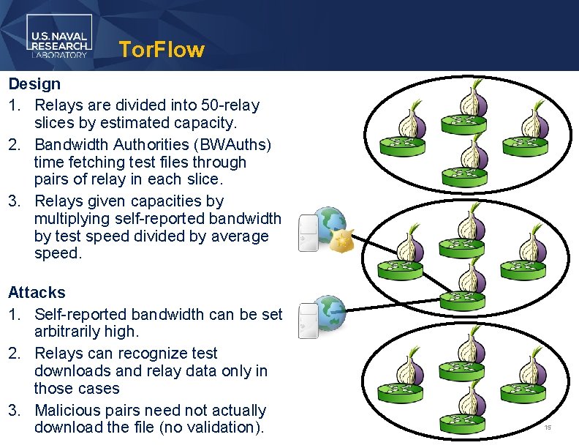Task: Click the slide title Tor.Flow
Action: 161,50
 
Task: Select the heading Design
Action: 34,83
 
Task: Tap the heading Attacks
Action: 37,293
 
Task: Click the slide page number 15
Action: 548,427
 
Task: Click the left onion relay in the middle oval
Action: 401,255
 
